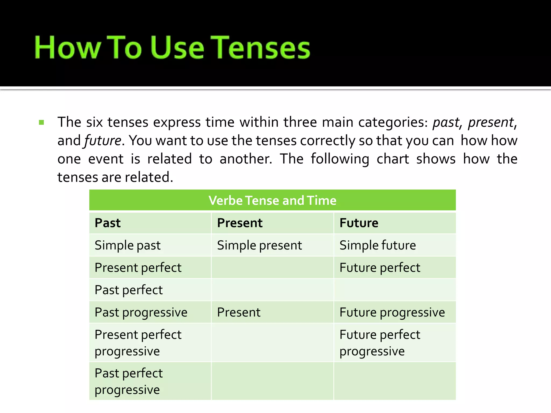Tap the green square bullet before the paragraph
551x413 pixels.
[x=41, y=123]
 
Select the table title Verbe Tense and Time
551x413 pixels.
[x=272, y=200]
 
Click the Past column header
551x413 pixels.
[x=108, y=223]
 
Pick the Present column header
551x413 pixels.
[x=239, y=223]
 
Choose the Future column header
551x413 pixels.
[x=359, y=223]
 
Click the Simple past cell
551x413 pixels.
[x=128, y=245]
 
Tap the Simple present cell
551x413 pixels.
[x=259, y=245]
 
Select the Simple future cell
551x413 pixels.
[x=377, y=245]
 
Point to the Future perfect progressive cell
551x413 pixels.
[x=380, y=343]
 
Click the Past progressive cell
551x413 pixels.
[x=141, y=312]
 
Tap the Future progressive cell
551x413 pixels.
[x=392, y=312]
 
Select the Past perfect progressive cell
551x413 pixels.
[x=129, y=381]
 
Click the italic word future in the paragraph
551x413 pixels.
[x=103, y=141]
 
